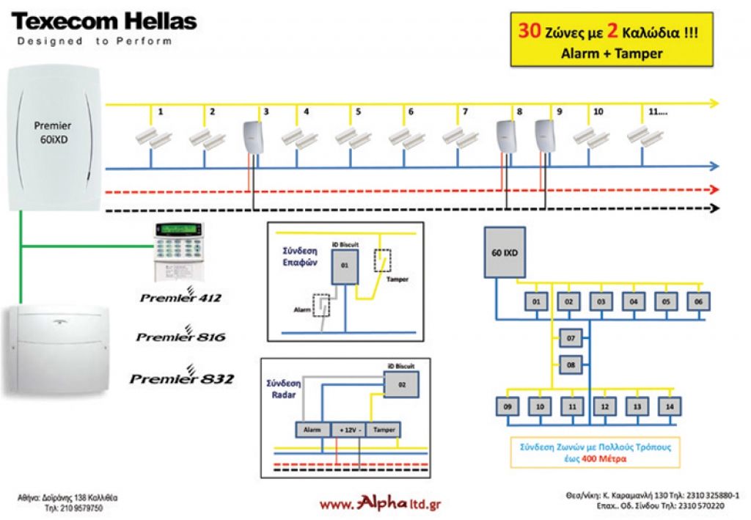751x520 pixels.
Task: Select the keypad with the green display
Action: [x=179, y=250]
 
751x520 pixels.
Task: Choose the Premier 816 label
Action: [x=181, y=337]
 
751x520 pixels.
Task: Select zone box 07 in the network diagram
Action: [x=570, y=339]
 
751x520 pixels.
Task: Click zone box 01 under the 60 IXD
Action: [x=536, y=301]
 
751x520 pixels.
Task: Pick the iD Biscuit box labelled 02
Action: [x=401, y=384]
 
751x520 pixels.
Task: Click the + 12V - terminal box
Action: [x=348, y=431]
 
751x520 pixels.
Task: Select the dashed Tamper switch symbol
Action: [x=382, y=260]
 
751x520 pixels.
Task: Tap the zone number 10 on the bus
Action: [x=598, y=112]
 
